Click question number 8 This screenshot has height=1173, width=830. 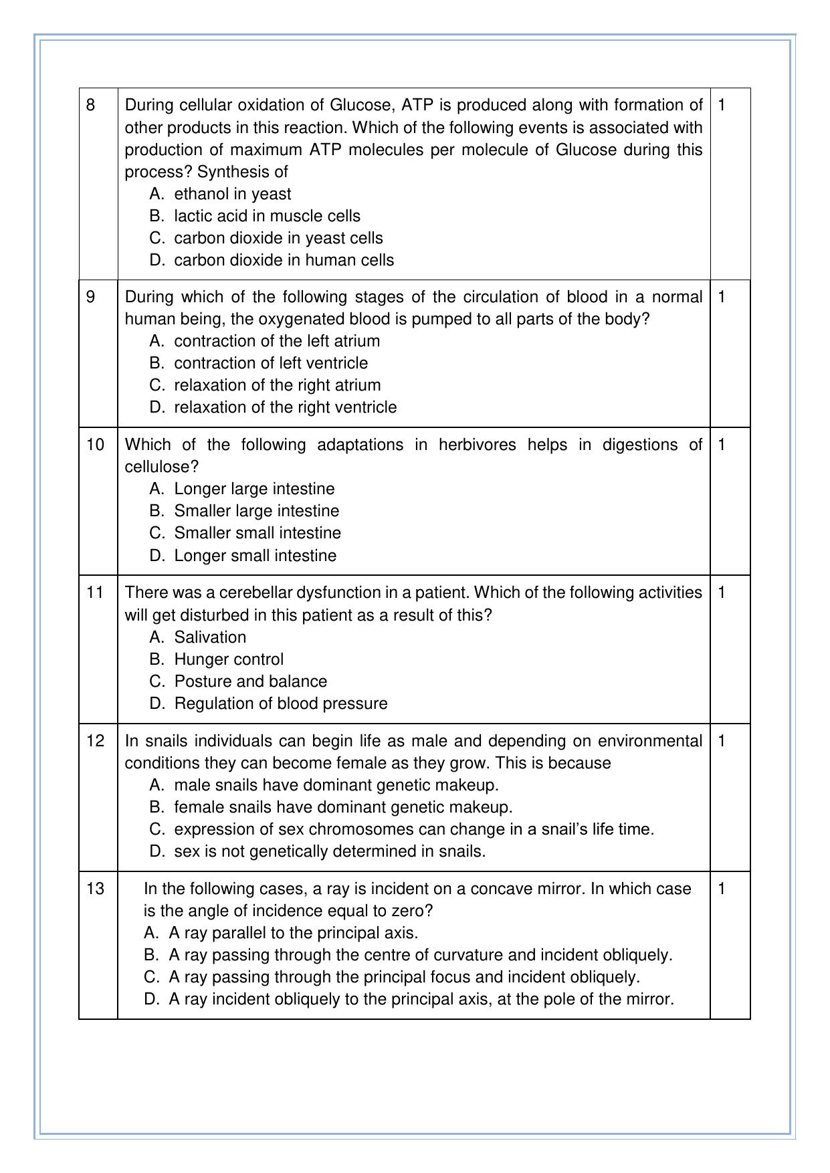91,105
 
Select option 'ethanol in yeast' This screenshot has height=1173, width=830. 232,194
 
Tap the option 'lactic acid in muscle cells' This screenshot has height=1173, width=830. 267,216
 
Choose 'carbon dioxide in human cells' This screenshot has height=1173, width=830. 284,260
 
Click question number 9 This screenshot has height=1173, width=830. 91,297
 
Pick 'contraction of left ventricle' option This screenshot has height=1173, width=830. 271,363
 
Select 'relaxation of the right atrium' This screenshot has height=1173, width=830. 277,385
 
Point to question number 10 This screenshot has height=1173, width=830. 95,445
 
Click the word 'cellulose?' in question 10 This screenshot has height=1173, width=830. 162,467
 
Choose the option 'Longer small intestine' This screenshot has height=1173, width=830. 255,556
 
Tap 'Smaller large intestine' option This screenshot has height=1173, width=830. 256,511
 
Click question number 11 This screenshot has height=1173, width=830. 95,593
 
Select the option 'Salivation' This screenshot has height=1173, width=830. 210,637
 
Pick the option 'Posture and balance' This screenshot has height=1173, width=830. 250,681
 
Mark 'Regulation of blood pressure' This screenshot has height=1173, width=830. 280,704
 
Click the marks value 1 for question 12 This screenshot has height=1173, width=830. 722,741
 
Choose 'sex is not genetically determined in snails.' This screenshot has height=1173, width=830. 330,851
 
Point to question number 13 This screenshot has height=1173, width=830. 95,889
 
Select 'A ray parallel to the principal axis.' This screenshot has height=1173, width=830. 293,933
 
